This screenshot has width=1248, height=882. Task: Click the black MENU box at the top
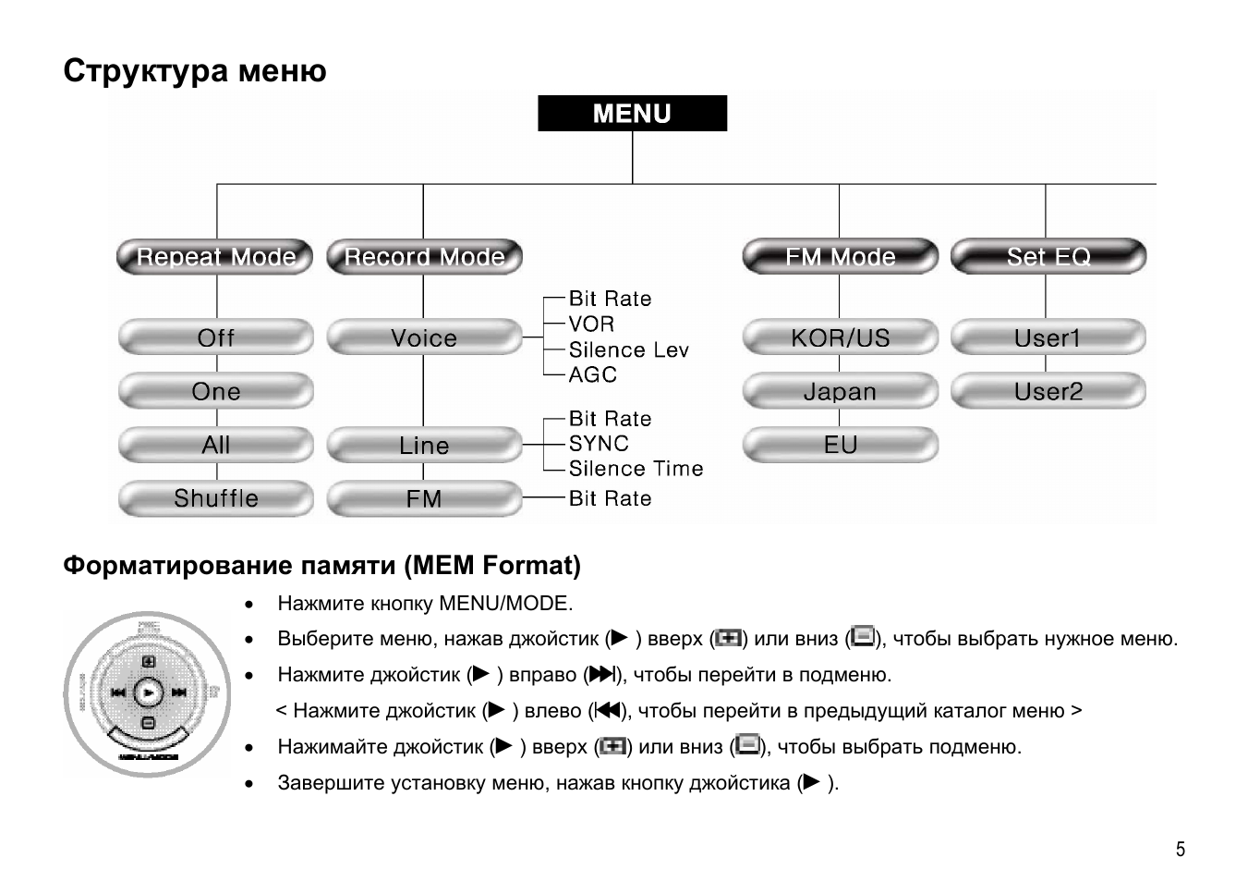tap(632, 114)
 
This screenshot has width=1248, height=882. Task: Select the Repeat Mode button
tap(215, 257)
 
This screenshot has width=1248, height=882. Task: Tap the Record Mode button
tap(424, 257)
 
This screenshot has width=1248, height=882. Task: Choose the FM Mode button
tap(840, 257)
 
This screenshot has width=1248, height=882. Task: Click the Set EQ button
tap(1048, 257)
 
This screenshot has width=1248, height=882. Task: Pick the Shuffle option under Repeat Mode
tap(215, 499)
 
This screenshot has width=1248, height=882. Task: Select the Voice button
tap(424, 338)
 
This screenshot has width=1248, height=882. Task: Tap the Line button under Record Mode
tap(424, 446)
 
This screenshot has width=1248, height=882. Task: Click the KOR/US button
tap(840, 338)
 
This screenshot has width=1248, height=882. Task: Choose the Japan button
tap(840, 392)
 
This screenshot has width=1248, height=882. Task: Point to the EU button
tap(840, 446)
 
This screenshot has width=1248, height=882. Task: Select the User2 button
tap(1048, 392)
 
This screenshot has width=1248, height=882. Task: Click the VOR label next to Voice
tap(591, 325)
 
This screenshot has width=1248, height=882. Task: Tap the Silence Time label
tap(636, 470)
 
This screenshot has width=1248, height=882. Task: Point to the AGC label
tap(592, 375)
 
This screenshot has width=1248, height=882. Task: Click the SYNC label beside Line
tap(599, 445)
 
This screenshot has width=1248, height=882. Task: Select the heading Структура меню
tap(195, 71)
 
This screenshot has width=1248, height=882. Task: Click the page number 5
tap(1180, 850)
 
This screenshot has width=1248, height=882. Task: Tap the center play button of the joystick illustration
tap(148, 692)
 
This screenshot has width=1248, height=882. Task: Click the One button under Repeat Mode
tap(215, 392)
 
